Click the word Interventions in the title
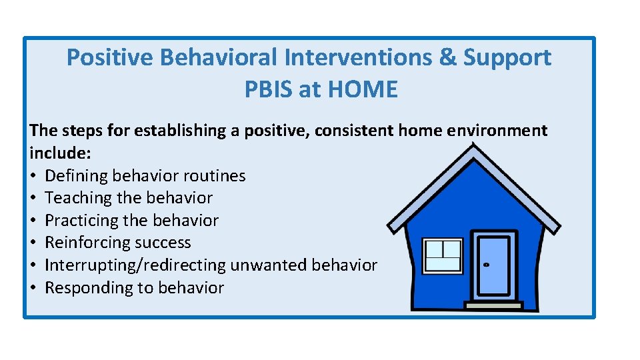357,58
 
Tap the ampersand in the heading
447,58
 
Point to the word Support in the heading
507,58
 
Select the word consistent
354,131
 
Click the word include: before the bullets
60,153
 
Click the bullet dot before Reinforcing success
34,243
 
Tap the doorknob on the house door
486,265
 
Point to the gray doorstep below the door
494,305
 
